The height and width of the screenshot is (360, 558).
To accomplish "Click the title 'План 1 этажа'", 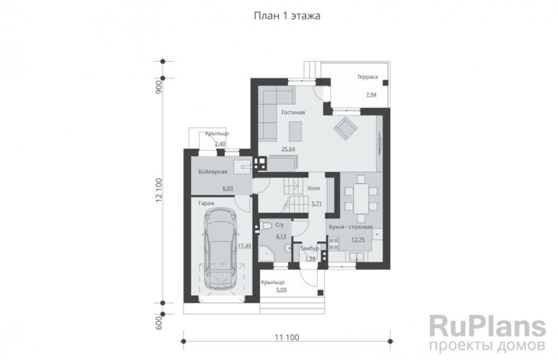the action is tap(287, 16).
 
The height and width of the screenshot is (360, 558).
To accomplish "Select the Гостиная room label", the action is tap(293, 112).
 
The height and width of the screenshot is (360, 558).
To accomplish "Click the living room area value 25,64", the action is tap(288, 149).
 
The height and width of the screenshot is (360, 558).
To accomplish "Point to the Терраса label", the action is tap(367, 77).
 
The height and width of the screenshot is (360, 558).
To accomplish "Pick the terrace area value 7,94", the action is tap(371, 95).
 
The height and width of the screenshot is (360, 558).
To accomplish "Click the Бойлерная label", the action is tap(213, 172).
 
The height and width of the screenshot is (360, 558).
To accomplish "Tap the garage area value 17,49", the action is tap(244, 246).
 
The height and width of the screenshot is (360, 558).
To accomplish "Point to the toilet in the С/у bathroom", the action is tap(265, 225).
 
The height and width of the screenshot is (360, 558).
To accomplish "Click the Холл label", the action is tap(313, 188).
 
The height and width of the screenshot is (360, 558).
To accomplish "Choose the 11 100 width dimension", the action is tap(287, 337).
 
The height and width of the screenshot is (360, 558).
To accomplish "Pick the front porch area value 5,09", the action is tap(281, 290).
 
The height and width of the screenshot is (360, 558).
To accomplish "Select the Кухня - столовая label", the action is tap(350, 227).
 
